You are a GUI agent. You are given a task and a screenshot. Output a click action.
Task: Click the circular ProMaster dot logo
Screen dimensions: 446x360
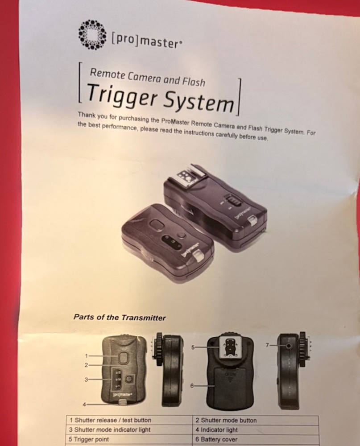tap(92, 34)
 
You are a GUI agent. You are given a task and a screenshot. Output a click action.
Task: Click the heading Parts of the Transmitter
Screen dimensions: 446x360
tap(119, 318)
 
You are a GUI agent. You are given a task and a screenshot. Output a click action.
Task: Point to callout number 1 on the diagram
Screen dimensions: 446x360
tap(87, 356)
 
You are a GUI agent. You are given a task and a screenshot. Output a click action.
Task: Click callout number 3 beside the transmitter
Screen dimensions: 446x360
tap(87, 379)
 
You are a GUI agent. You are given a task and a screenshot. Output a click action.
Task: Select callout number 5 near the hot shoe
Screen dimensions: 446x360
tap(194, 347)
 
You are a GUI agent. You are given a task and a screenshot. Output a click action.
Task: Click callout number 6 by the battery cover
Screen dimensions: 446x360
tap(192, 385)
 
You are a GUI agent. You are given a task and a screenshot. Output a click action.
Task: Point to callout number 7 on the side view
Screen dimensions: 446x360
tap(268, 345)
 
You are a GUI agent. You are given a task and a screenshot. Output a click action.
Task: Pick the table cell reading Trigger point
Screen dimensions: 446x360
tap(92, 439)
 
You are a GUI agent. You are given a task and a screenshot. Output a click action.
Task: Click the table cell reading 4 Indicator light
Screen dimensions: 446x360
tap(219, 430)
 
